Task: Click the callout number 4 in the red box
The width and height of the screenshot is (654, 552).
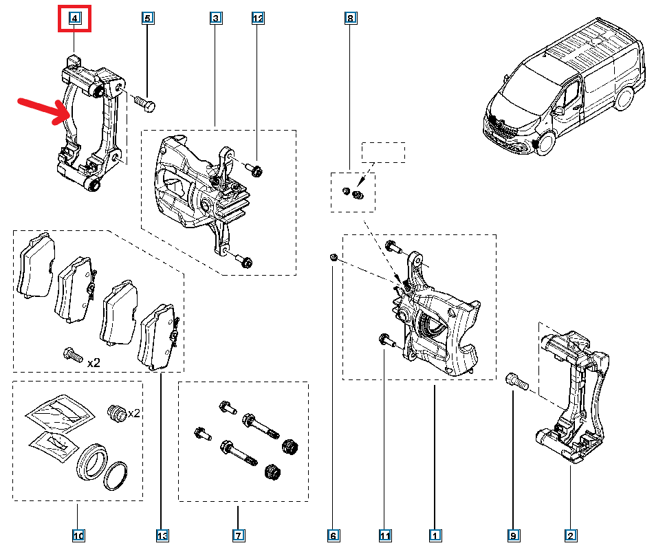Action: click(74, 18)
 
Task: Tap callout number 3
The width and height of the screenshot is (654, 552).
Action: click(216, 18)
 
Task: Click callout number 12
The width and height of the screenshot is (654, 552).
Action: click(258, 18)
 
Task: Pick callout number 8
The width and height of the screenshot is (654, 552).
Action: click(350, 18)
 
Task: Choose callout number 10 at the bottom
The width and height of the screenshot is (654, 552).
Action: click(78, 535)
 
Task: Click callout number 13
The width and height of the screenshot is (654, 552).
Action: click(162, 535)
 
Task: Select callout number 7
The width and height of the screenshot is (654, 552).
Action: click(237, 535)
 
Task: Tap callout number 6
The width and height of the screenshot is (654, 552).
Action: click(334, 535)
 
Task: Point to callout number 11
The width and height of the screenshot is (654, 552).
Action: click(384, 535)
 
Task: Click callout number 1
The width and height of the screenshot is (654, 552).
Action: click(435, 535)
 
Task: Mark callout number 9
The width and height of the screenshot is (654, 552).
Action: click(514, 535)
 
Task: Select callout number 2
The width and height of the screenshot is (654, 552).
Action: click(570, 535)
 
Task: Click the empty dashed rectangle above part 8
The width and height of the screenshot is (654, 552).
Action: click(384, 153)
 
